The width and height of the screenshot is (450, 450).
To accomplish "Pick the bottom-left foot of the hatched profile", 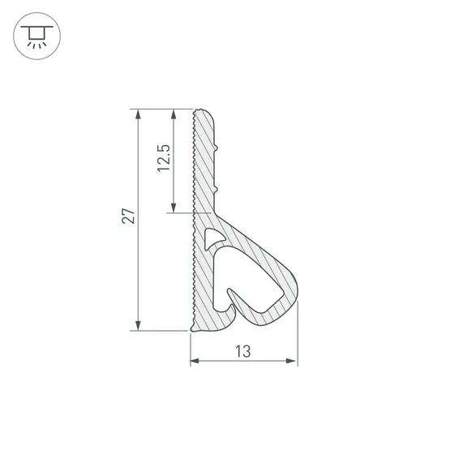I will (195, 328).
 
